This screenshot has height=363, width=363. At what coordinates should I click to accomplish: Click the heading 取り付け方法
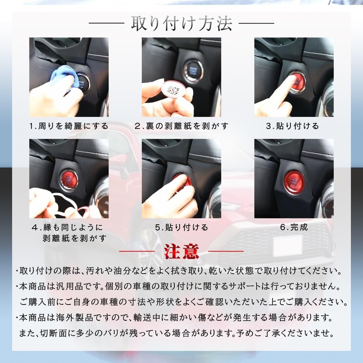[x=181, y=23]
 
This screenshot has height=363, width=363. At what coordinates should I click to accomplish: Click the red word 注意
[x=181, y=250]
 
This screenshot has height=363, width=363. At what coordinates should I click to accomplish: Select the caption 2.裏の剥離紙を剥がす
[x=181, y=126]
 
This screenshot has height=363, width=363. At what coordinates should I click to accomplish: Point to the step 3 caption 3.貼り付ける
[x=293, y=126]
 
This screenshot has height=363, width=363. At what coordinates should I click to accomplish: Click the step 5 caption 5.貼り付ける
[x=181, y=227]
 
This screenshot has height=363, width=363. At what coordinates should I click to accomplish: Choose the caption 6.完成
[x=294, y=227]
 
